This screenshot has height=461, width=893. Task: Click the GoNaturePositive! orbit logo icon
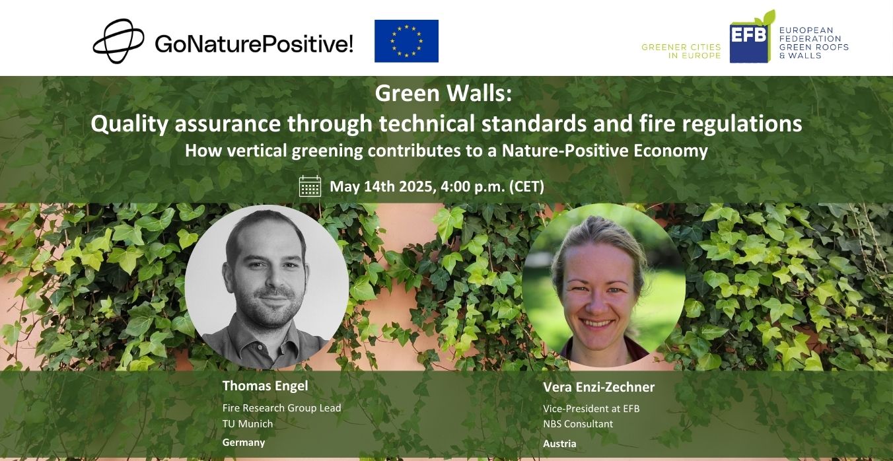click(118, 41)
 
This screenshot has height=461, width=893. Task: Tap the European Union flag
click(406, 41)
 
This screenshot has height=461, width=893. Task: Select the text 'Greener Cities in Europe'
click(681, 52)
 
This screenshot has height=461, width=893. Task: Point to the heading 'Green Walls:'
click(443, 93)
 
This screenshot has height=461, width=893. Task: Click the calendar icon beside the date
click(310, 186)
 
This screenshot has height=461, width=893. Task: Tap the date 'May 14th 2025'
click(383, 187)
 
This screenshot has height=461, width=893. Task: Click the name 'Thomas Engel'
click(265, 386)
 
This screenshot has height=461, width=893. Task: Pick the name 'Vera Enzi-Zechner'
click(599, 387)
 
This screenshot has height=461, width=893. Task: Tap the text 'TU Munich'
click(248, 423)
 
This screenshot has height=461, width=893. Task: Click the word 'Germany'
click(244, 443)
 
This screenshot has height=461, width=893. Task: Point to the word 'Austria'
click(559, 443)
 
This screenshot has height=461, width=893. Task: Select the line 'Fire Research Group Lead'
click(282, 408)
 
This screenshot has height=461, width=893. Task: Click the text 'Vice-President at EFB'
click(591, 409)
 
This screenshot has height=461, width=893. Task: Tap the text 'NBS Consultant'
click(578, 424)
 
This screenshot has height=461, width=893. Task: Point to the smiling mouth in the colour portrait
click(597, 323)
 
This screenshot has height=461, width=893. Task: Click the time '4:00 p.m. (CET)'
click(493, 187)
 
